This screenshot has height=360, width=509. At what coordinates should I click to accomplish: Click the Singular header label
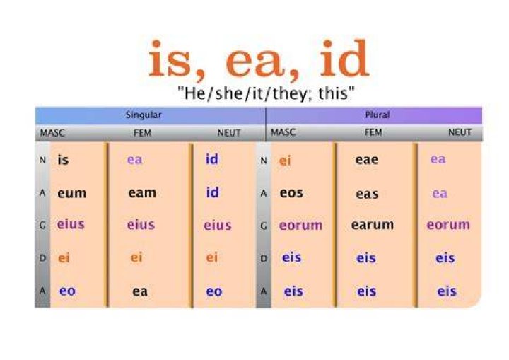(144, 115)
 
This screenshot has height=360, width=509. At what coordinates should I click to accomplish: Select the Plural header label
(378, 115)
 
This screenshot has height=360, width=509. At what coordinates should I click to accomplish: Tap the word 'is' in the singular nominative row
(63, 160)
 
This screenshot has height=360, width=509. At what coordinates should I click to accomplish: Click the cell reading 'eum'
(71, 193)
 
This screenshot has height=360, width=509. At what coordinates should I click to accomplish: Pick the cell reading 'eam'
(142, 192)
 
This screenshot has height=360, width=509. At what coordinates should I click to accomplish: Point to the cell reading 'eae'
(366, 160)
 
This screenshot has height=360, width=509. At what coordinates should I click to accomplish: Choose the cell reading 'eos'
(291, 193)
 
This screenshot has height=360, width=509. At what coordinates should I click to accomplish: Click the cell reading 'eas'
(367, 194)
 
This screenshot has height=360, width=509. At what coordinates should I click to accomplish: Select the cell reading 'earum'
(373, 225)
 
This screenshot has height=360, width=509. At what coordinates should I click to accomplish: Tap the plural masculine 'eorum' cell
(301, 225)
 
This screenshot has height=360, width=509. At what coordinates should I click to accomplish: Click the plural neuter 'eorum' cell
(448, 224)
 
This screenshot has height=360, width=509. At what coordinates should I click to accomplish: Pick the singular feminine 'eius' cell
(141, 224)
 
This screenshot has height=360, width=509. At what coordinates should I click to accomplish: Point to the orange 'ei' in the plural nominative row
(285, 160)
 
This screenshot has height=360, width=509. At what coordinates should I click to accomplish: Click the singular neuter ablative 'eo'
(214, 291)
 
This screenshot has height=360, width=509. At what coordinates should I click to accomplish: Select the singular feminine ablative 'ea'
(140, 291)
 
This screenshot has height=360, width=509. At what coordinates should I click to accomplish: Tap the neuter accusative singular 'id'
(212, 192)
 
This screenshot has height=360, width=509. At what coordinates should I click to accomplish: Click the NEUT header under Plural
(460, 132)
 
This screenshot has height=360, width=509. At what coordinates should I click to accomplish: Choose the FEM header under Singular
(143, 133)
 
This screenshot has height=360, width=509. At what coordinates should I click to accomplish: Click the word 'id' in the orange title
(344, 59)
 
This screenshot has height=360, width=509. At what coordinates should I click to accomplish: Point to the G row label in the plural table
(264, 226)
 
